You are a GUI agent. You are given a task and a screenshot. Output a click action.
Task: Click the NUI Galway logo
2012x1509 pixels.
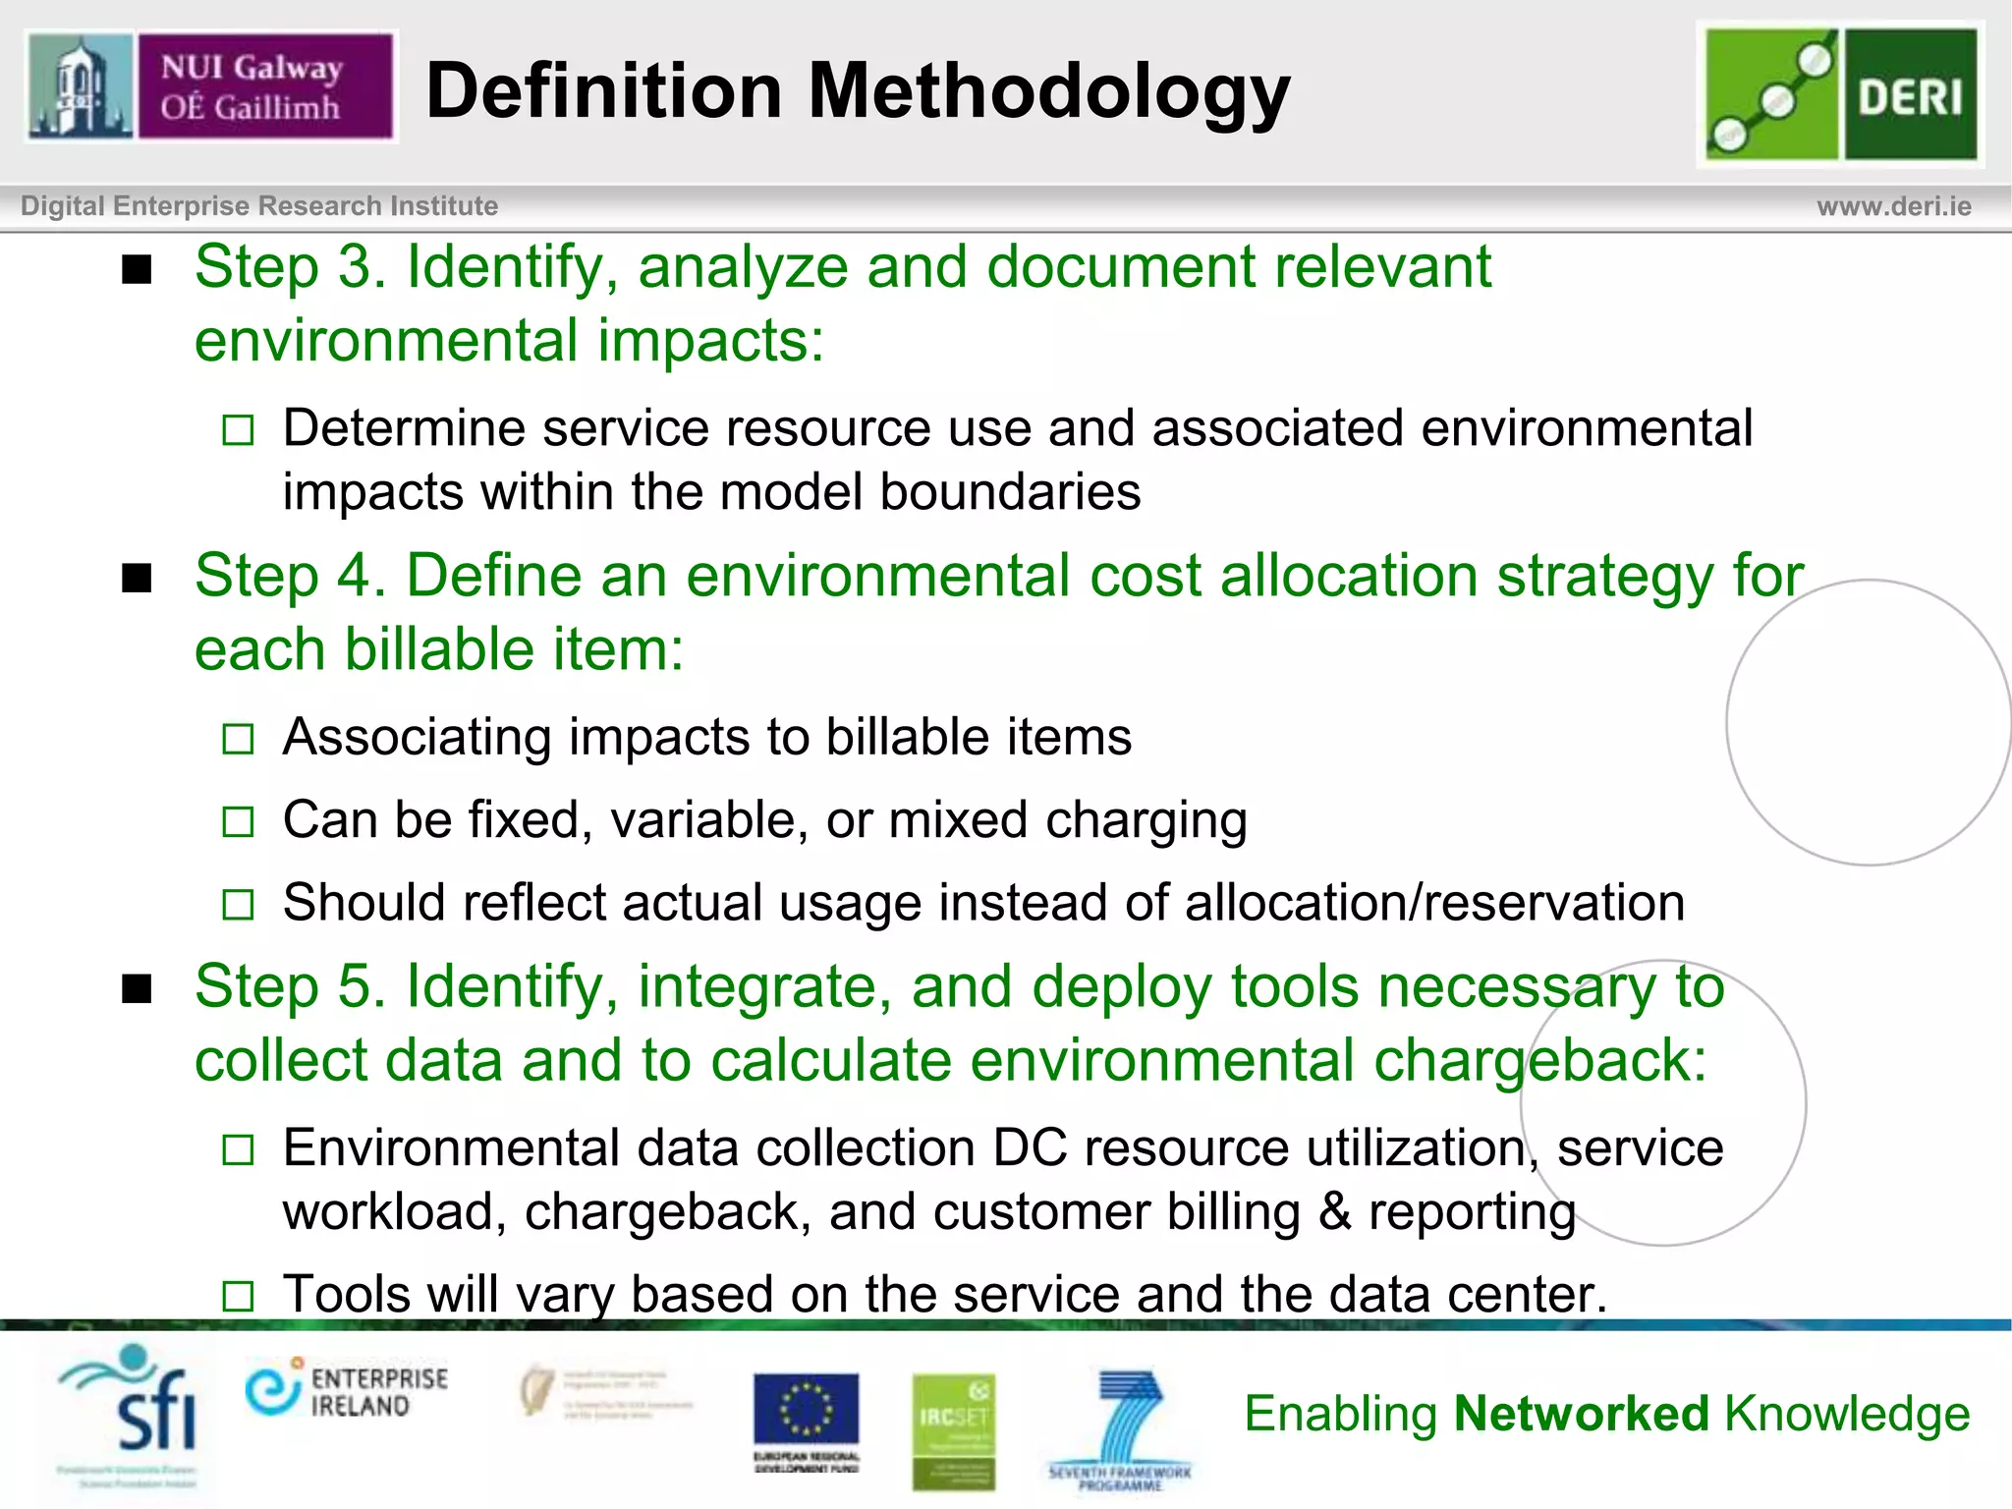210,86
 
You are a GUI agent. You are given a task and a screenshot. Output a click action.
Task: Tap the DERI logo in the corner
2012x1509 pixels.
1841,94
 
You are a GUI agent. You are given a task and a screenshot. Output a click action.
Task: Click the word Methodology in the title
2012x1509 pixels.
1048,91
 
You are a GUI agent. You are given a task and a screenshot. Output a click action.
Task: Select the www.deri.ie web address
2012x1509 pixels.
1893,206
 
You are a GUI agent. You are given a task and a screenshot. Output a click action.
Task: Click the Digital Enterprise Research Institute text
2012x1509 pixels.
259,206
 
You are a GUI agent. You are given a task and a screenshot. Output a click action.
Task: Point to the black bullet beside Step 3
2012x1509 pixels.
138,269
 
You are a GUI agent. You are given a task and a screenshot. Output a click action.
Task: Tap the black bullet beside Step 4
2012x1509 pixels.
138,579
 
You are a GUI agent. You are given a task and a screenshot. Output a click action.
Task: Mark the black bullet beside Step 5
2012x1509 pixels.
138,989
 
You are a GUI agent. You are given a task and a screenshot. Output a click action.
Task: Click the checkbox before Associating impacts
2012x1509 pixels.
238,739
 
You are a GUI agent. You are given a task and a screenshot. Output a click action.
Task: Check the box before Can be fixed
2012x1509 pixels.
238,821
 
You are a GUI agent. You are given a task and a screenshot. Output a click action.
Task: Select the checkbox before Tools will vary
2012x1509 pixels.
238,1297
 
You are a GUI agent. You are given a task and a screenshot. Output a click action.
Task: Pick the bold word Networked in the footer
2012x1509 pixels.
1582,1415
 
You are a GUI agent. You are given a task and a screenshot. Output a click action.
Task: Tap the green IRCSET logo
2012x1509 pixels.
953,1429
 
